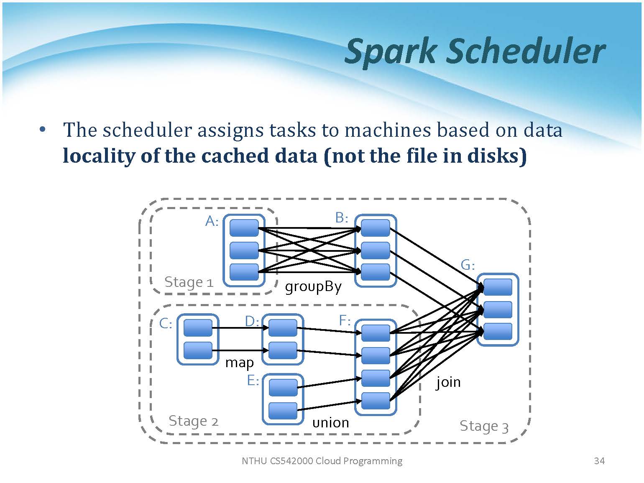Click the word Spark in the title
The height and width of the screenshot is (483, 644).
390,51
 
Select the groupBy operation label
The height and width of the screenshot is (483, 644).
313,287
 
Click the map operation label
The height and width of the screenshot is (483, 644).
239,362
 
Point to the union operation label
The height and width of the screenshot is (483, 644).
330,422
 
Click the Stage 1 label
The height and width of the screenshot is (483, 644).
189,282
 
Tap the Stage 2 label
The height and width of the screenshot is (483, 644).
193,421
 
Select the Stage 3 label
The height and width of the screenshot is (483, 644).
484,426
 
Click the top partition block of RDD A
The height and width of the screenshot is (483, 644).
244,228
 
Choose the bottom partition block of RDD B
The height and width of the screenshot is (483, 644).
375,272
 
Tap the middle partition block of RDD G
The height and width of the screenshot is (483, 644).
498,309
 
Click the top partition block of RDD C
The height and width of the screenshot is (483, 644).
198,328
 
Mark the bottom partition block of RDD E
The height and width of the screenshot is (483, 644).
283,411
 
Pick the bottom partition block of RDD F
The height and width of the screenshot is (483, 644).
375,401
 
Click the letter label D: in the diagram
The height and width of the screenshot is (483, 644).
252,321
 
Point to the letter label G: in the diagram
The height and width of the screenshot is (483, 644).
468,265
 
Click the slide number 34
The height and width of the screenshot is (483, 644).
599,461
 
